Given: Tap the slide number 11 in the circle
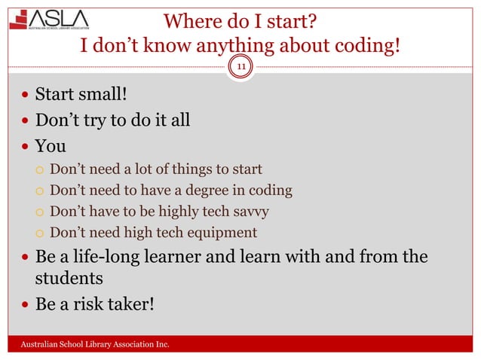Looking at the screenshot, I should coord(242,68).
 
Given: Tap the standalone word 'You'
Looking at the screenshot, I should coord(51,145).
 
